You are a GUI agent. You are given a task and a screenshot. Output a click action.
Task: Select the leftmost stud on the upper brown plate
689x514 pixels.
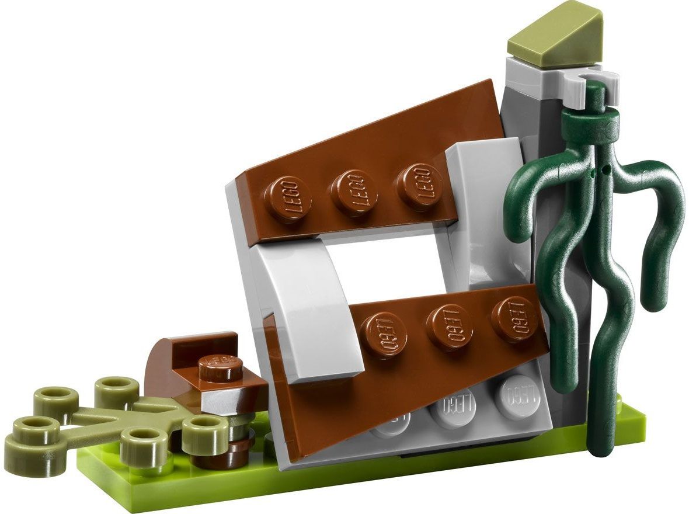pos(287,198)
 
